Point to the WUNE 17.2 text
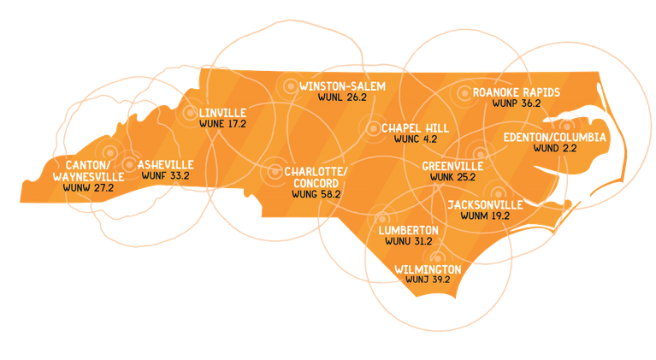222,124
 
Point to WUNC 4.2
415,139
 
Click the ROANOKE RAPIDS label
517,91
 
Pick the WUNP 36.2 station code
517,103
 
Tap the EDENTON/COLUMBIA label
554,137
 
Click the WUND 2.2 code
554,149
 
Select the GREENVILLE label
452,165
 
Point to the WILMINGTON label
428,269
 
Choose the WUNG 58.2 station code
316,195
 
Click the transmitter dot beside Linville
190,112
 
